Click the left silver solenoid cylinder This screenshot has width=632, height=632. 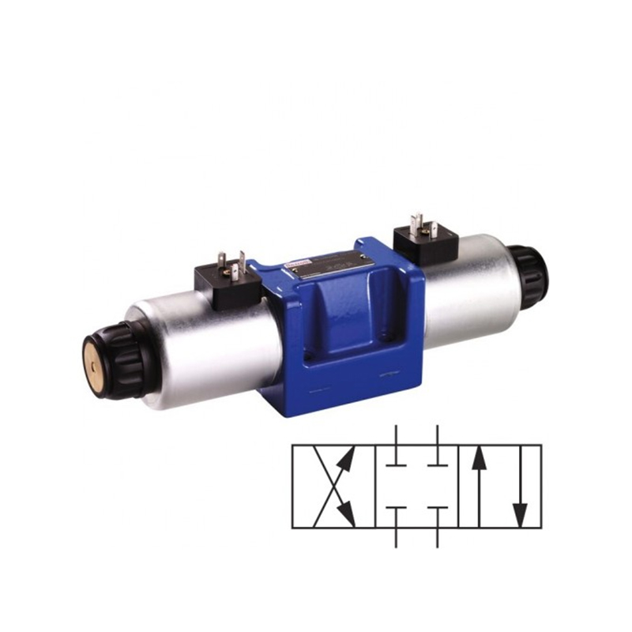[197, 348]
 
